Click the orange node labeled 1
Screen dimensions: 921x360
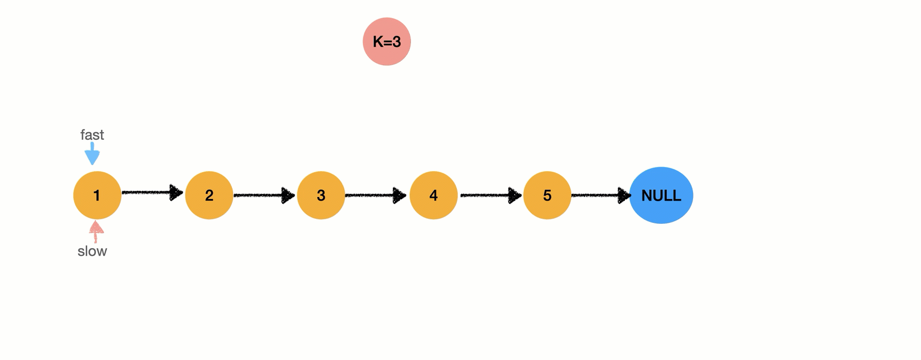point(97,195)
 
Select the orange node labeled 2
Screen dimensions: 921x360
point(209,195)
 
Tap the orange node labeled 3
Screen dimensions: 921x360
point(321,195)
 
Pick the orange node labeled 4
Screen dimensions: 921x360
point(433,195)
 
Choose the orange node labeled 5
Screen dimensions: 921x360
point(547,195)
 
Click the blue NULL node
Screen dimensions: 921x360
point(661,195)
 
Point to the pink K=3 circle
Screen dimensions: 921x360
point(387,41)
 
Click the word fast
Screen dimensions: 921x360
point(92,135)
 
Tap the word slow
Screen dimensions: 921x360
point(92,251)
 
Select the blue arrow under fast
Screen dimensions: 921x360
point(92,154)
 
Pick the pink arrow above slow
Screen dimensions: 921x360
point(96,232)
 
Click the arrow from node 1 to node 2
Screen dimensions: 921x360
point(153,192)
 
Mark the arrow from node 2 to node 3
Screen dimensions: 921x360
point(264,195)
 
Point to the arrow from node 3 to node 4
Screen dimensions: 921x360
point(376,195)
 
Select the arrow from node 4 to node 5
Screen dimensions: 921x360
point(491,195)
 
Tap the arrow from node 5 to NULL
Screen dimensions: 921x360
point(601,195)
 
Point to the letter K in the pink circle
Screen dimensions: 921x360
point(377,42)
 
